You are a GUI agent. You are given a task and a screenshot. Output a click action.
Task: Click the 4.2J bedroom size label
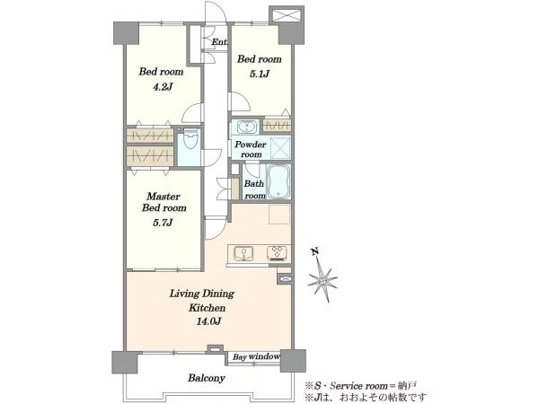click(163, 87)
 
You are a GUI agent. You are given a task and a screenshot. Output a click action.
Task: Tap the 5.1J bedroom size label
click(260, 74)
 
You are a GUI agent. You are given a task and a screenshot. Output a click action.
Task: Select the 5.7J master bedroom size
click(163, 223)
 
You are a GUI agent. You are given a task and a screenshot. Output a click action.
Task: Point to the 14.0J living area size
click(208, 321)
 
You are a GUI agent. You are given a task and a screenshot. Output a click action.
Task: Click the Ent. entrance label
click(219, 42)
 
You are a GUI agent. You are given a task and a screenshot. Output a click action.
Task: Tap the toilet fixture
click(190, 138)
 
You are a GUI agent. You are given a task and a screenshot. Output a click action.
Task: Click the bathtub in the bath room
click(278, 182)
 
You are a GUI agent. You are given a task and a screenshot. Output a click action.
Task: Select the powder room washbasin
click(247, 127)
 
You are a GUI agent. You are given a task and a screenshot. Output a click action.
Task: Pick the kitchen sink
click(243, 253)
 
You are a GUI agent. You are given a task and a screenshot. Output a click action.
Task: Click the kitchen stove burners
click(277, 253)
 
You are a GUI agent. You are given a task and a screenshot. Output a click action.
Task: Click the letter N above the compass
click(314, 252)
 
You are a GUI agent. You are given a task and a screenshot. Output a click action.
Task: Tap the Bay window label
click(256, 357)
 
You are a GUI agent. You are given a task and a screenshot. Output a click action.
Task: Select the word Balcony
click(207, 378)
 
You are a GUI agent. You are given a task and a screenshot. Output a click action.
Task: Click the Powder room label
click(251, 149)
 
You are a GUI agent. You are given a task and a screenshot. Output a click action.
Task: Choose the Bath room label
click(255, 189)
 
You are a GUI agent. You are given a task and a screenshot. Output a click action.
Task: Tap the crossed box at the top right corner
click(286, 16)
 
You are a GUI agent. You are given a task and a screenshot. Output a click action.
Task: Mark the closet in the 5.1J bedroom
click(277, 125)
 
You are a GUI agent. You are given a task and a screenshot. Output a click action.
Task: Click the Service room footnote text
click(361, 385)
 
